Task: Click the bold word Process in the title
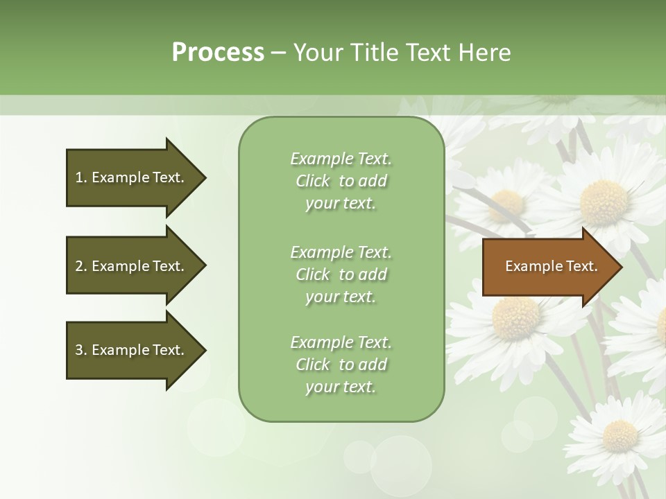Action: [218, 53]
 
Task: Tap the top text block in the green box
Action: [341, 181]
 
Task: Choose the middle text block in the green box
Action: [341, 274]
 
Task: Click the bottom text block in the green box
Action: [341, 365]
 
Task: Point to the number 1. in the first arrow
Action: [81, 177]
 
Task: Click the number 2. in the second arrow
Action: [81, 266]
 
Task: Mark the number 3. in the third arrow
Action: [81, 350]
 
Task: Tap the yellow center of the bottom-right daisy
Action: [620, 435]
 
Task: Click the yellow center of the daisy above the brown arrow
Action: [603, 202]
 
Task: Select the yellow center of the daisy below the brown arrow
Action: [515, 318]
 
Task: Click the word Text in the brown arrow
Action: [583, 266]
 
